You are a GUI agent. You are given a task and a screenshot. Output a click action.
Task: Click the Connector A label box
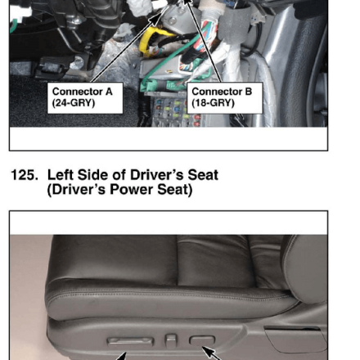click(85, 98)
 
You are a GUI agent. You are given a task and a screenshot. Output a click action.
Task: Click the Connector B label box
click(225, 98)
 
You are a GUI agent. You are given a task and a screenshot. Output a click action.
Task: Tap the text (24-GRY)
click(74, 103)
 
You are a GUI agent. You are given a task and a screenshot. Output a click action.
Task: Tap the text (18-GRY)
click(213, 103)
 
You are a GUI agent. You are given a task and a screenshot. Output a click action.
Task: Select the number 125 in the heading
click(24, 175)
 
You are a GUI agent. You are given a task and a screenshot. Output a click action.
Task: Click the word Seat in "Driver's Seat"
click(203, 175)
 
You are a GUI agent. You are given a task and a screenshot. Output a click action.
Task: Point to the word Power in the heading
click(131, 190)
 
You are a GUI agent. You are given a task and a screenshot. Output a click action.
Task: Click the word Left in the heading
click(61, 175)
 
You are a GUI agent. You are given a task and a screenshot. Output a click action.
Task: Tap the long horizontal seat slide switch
click(131, 341)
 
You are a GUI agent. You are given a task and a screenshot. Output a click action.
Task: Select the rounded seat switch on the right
click(202, 340)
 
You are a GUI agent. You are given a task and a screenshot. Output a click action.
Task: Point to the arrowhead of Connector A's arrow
click(157, 19)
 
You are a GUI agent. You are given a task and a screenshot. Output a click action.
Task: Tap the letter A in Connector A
click(109, 92)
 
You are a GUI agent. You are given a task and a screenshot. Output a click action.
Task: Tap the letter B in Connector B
click(249, 92)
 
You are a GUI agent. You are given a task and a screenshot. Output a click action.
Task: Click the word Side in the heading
click(93, 175)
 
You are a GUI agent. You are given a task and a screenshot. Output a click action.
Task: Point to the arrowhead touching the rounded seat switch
click(207, 351)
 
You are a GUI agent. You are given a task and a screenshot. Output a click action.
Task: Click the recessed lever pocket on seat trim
click(296, 339)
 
